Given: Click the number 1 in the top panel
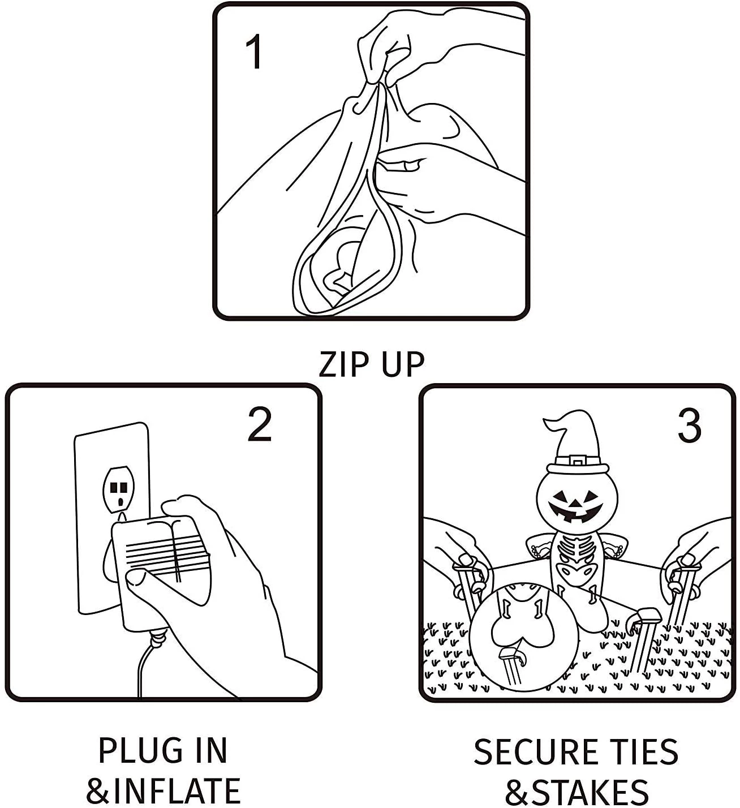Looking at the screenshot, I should tap(254, 52).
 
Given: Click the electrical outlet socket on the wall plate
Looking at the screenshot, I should tap(119, 488).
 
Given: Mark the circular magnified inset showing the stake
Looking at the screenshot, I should tap(524, 637).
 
